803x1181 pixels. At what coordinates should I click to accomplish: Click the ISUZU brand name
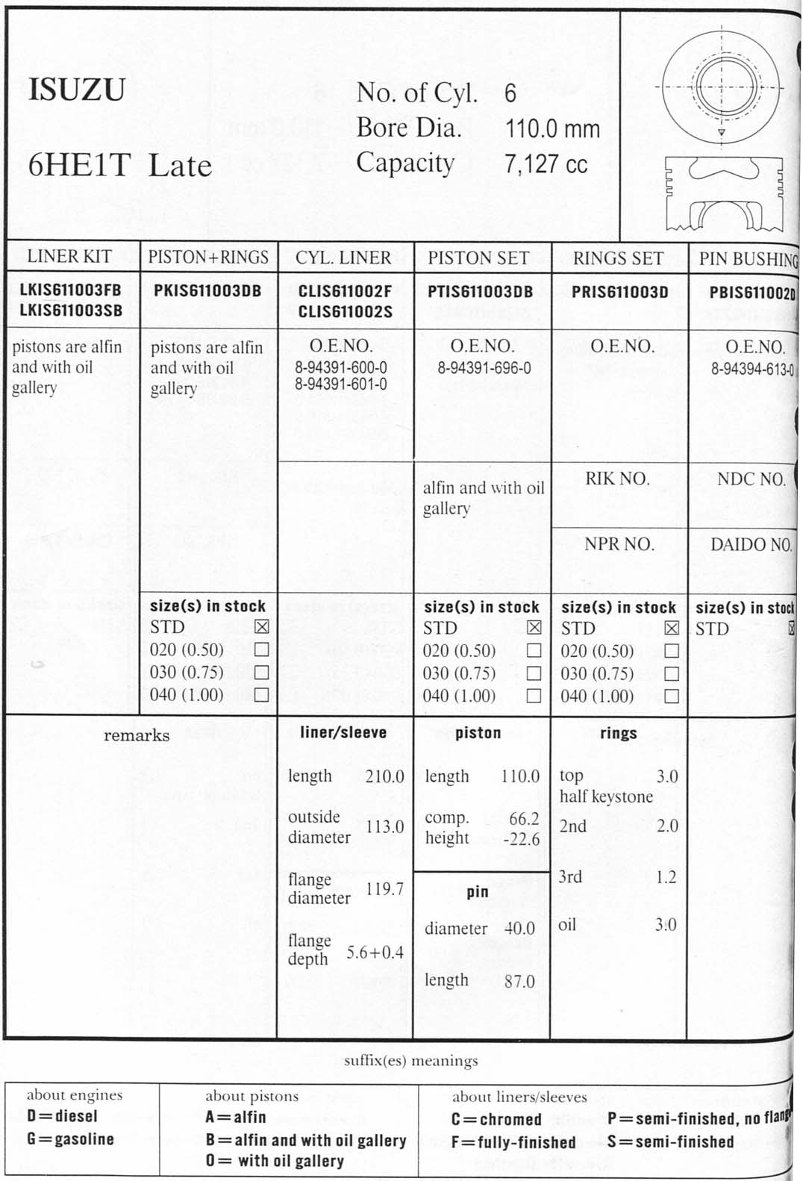(76, 90)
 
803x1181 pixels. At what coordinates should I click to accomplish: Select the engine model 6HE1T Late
(119, 165)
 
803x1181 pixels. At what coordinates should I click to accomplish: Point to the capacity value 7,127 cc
(546, 163)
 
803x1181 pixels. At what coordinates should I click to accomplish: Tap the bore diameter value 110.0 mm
(552, 128)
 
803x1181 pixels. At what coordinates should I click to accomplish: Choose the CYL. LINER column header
(343, 258)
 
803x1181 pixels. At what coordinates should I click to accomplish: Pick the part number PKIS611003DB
(207, 291)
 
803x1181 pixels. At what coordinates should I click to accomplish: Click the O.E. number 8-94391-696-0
(484, 368)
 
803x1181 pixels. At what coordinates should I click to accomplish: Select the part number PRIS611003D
(619, 292)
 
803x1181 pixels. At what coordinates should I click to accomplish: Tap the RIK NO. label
(616, 479)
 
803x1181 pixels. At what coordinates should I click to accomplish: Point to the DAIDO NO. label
(750, 545)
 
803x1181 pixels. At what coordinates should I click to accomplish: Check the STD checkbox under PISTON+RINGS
(261, 627)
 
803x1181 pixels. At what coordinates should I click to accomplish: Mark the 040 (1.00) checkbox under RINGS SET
(671, 696)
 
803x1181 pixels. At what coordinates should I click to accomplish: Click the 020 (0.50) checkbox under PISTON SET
(534, 650)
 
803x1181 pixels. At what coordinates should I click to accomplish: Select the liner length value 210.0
(384, 776)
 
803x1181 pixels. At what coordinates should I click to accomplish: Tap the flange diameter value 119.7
(384, 889)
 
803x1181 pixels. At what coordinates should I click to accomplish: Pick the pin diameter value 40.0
(519, 929)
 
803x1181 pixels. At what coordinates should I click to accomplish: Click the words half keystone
(606, 797)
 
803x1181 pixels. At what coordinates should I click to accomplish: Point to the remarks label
(137, 735)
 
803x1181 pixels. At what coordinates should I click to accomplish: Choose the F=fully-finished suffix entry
(513, 1142)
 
